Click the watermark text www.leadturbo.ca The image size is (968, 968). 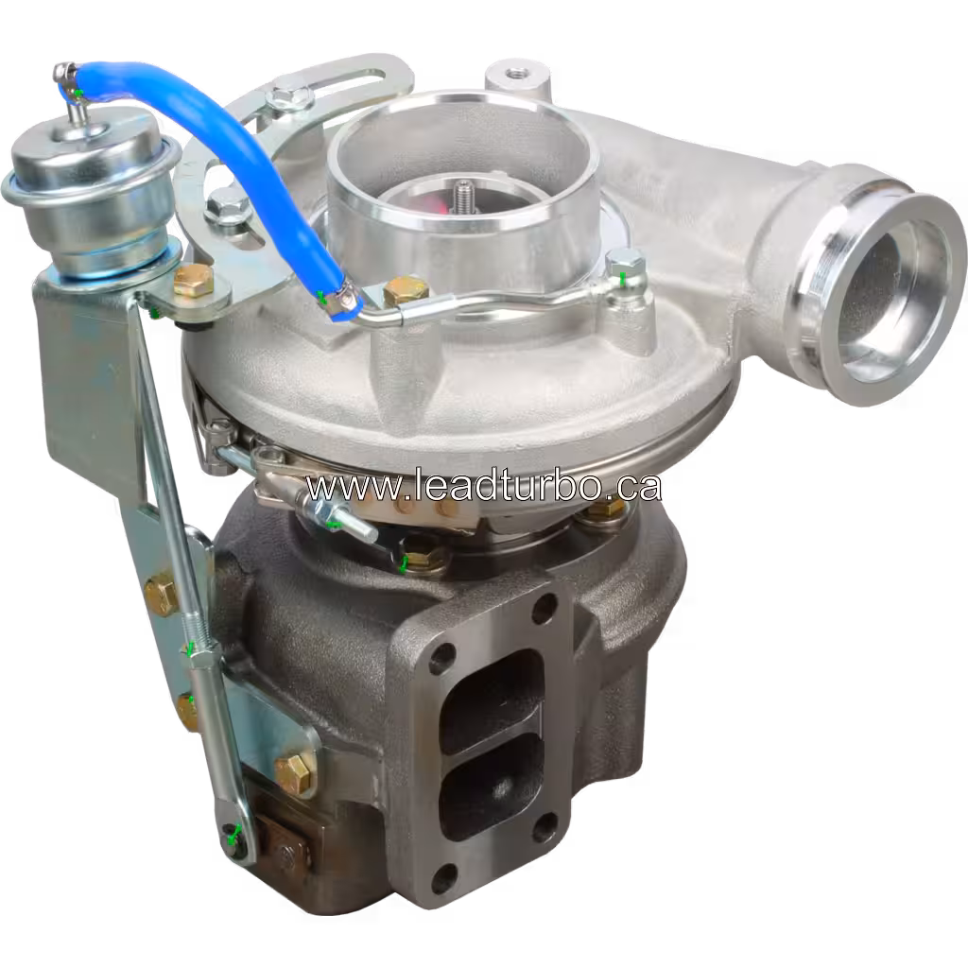tap(482, 487)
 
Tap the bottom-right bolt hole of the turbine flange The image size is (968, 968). tap(545, 829)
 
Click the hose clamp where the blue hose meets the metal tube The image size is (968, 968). tap(338, 300)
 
